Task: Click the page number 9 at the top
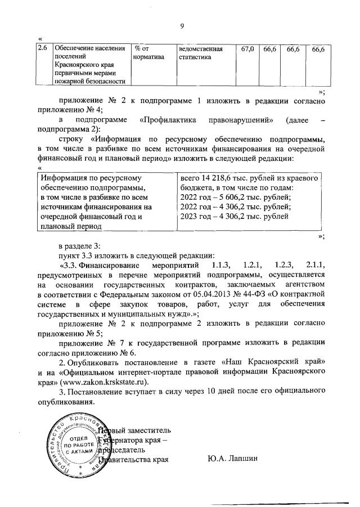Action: (x=182, y=25)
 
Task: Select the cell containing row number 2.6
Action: (x=42, y=50)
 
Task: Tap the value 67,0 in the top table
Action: (x=247, y=50)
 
